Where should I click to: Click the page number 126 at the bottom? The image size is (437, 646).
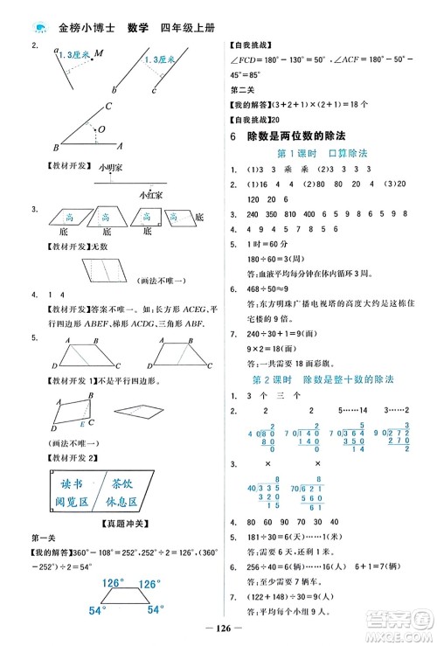(218, 625)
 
